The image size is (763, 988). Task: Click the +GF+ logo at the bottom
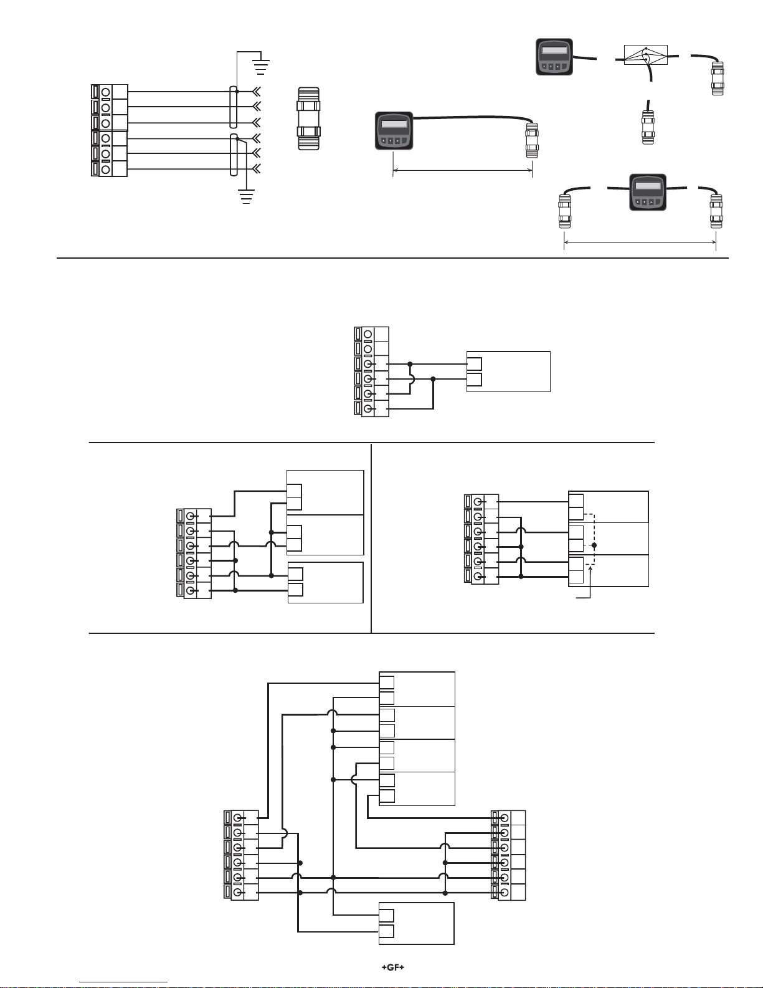tap(393, 967)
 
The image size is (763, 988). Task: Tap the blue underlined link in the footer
tap(123, 982)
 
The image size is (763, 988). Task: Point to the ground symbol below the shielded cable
tap(247, 196)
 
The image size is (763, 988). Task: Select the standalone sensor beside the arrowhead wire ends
tap(308, 118)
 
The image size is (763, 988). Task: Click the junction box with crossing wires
tap(645, 55)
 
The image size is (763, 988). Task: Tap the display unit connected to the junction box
tap(554, 57)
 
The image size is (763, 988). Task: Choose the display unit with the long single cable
tap(394, 130)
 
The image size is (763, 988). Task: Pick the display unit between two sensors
tap(648, 192)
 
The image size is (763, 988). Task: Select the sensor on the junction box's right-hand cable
tap(718, 78)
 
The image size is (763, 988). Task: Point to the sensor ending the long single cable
tap(532, 140)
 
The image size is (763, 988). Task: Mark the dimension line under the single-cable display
tap(462, 170)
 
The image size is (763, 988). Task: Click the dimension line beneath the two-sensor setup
tap(640, 242)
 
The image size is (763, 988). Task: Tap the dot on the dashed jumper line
tap(594, 545)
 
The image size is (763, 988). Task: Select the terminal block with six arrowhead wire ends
tap(110, 130)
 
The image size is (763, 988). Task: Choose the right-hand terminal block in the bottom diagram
tap(508, 855)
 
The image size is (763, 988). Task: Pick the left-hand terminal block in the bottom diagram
tap(241, 855)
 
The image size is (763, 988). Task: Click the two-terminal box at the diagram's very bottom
tap(417, 923)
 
